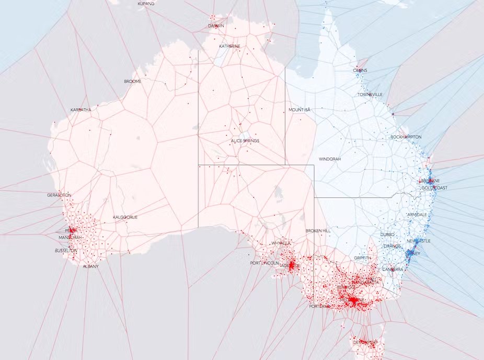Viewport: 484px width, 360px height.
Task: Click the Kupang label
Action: coord(146,4)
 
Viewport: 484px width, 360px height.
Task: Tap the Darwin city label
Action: coord(216,25)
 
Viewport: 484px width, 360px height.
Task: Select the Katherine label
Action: coord(230,46)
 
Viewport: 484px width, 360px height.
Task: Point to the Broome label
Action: coord(132,82)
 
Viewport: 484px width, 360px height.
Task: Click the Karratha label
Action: coord(80,110)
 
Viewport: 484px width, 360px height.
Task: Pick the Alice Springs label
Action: coord(245,141)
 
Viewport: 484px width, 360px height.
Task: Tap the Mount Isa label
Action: coord(299,110)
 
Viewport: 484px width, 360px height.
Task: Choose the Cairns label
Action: coord(360,70)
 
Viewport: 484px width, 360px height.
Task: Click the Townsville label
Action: coord(370,95)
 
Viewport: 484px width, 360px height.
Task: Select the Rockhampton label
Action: coord(406,137)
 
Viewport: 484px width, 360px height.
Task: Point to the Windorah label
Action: coord(330,158)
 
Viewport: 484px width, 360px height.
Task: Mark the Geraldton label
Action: coord(59,195)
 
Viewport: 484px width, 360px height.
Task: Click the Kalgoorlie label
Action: coord(125,217)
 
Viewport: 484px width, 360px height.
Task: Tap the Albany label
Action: coord(90,266)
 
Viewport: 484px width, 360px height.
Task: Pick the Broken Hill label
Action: coord(318,230)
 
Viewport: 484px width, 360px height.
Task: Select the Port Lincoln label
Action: coord(264,263)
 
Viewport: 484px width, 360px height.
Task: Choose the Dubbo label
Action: coord(387,235)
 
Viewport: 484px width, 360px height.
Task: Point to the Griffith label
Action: coord(362,258)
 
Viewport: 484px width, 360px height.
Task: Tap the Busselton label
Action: coord(66,251)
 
